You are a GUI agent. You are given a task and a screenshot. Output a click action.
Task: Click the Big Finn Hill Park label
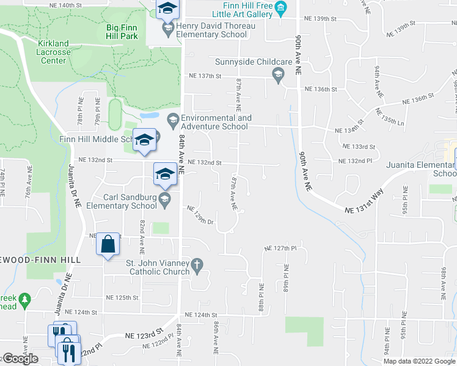click(x=122, y=32)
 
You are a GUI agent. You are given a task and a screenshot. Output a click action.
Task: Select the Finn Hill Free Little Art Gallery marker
click(x=281, y=8)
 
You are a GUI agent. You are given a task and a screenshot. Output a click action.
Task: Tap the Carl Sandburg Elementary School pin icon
click(x=164, y=199)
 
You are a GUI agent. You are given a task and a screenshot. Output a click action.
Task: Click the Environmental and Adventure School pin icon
click(x=172, y=118)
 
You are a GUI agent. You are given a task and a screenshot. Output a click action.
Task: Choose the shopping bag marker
click(x=108, y=245)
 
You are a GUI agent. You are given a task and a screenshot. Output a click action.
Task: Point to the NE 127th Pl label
click(x=280, y=248)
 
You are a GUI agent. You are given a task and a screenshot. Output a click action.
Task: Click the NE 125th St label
click(x=122, y=298)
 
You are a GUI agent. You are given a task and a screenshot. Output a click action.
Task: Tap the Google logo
click(x=20, y=359)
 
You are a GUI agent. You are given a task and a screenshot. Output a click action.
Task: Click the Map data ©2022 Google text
click(x=419, y=361)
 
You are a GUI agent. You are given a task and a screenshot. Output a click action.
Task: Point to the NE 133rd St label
click(x=360, y=147)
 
